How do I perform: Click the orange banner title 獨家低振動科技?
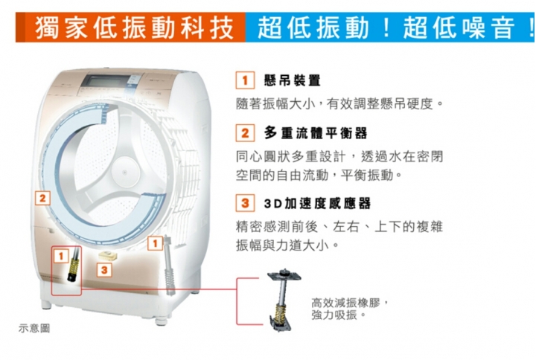point(134,28)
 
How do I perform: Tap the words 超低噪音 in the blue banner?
point(459,28)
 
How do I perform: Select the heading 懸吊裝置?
point(293,80)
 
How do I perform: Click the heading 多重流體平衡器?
point(316,133)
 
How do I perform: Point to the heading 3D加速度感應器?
point(317,204)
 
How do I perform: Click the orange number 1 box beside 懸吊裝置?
point(245,80)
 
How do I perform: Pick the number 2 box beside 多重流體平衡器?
point(245,133)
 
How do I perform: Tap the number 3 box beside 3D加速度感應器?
point(245,203)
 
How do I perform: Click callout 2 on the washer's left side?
point(42,199)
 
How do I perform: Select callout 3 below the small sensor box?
point(104,270)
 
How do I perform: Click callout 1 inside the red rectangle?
point(61,256)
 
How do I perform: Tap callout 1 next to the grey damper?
point(155,243)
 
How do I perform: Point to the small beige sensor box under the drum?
point(108,255)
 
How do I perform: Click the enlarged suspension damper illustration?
point(284,300)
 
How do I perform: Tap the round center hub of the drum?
point(125,172)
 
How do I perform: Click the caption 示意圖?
point(34,328)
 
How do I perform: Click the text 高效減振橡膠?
point(345,303)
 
